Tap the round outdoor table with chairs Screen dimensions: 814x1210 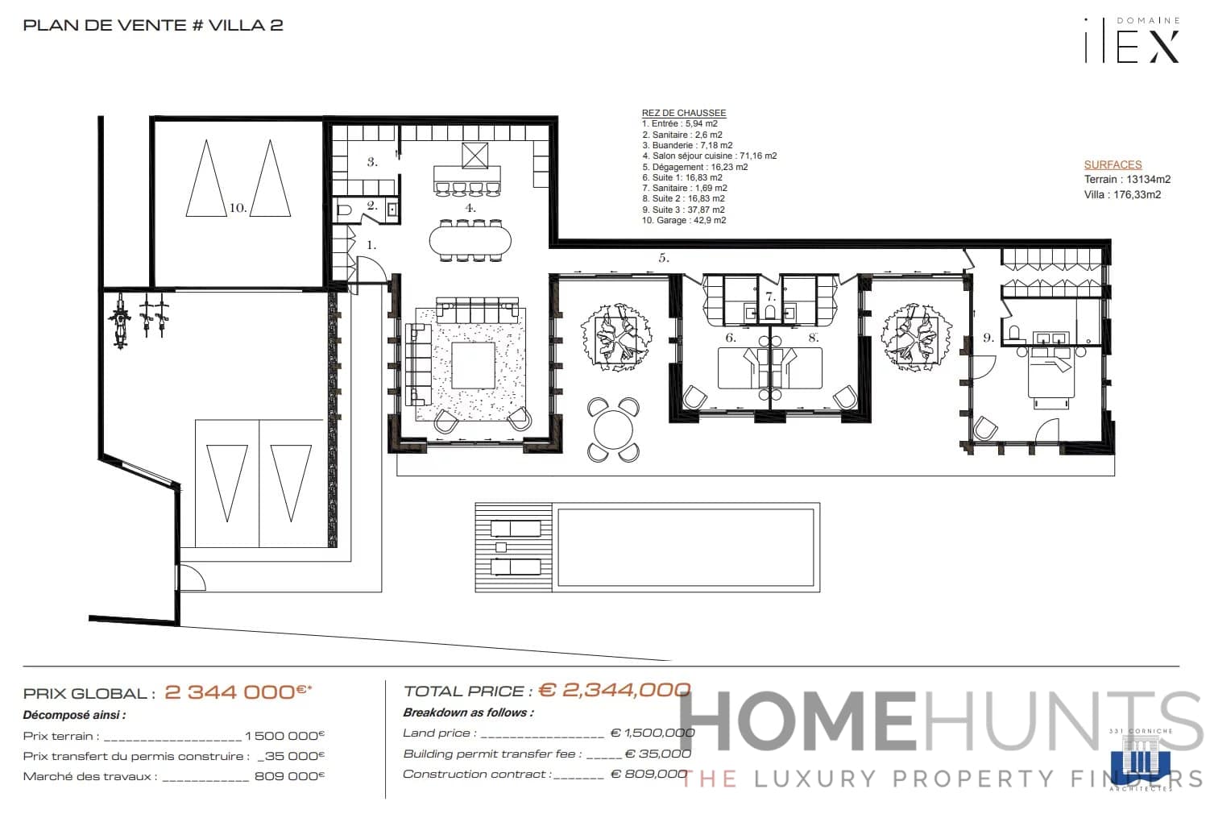pos(613,430)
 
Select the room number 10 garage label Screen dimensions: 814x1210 pos(238,208)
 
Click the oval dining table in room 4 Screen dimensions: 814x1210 pos(470,239)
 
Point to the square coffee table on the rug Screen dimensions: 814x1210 pos(474,365)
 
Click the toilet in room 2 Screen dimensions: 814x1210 pos(344,210)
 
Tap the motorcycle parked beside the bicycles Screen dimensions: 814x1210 pos(121,320)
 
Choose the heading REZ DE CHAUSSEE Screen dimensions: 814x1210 pos(683,114)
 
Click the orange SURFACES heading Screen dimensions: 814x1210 pos(1113,164)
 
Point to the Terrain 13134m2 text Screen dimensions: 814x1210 pos(1127,180)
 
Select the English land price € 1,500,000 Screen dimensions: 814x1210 pos(652,733)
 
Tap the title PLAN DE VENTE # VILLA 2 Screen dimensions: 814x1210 pos(153,25)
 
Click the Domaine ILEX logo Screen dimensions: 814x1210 pos(1132,40)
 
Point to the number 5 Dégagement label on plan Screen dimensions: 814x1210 pos(664,259)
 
